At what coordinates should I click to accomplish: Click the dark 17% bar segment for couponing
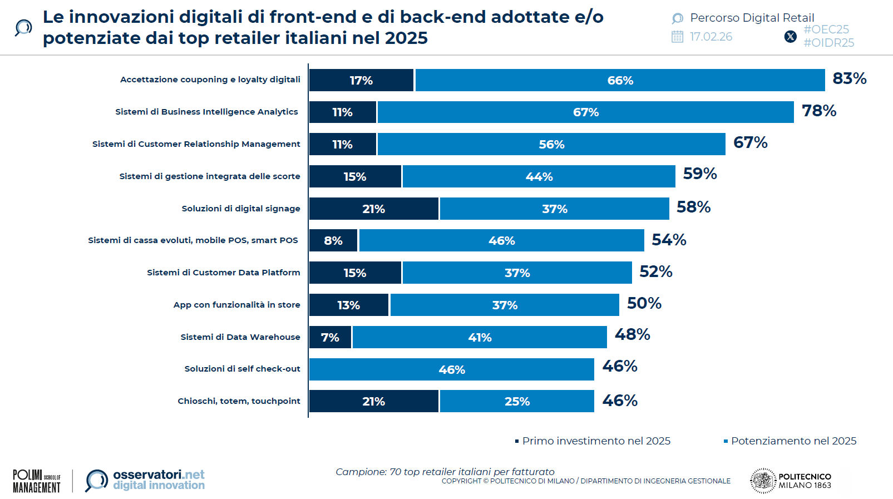coord(361,80)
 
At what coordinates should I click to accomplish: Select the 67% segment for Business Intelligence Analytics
coord(585,112)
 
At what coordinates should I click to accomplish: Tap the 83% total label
coord(849,78)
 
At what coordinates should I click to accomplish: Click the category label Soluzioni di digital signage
coord(240,209)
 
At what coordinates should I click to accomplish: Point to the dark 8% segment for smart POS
coord(333,241)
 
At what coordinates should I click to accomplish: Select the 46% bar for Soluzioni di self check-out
coord(451,369)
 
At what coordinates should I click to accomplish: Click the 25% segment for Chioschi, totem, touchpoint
coord(517,402)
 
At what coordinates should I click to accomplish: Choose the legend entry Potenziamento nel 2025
coord(793,441)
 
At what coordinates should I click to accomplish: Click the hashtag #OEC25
coord(826,29)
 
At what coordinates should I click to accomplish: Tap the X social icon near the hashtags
coord(790,37)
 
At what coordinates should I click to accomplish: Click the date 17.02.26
coord(711,37)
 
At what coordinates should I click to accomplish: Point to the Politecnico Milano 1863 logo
coord(791,481)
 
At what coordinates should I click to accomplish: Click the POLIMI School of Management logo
coord(37,481)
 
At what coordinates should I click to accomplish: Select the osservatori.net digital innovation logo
coord(146,480)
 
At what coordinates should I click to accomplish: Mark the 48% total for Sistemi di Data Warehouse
coord(632,334)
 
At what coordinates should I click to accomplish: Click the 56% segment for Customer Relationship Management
coord(551,145)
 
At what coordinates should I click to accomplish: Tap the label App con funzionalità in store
coord(236,305)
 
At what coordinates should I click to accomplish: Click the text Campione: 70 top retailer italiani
coord(445,472)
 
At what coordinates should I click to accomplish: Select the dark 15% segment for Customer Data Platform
coord(354,273)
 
